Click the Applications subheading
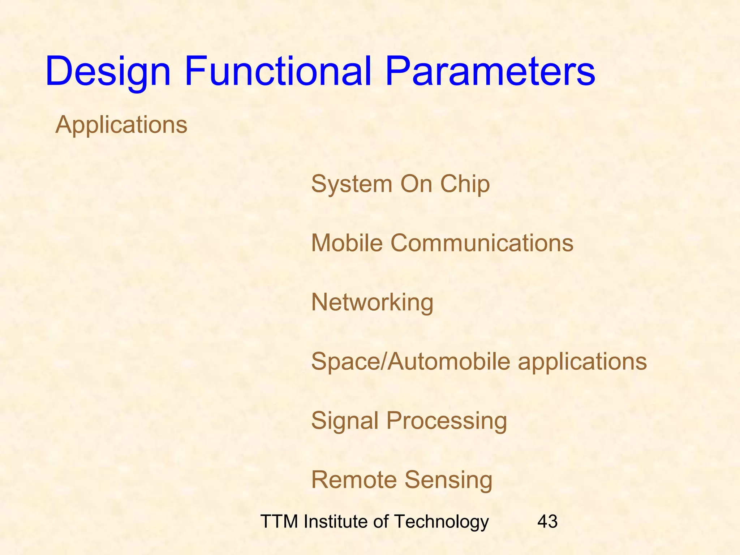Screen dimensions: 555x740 click(x=121, y=125)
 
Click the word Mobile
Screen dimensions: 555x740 click(x=347, y=243)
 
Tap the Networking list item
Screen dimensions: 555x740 click(x=372, y=302)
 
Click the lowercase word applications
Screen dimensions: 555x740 click(x=582, y=361)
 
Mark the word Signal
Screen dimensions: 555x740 click(x=345, y=421)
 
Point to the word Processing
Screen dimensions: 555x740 click(x=446, y=421)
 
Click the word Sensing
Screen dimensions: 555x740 click(x=448, y=479)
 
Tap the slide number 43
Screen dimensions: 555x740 click(x=547, y=521)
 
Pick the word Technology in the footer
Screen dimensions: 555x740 click(x=441, y=521)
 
